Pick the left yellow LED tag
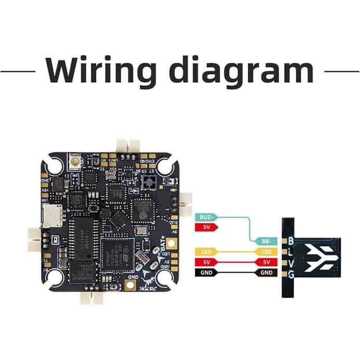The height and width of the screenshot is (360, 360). (x=205, y=252)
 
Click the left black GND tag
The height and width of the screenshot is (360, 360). (x=205, y=272)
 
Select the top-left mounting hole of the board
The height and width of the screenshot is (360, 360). (x=54, y=166)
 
